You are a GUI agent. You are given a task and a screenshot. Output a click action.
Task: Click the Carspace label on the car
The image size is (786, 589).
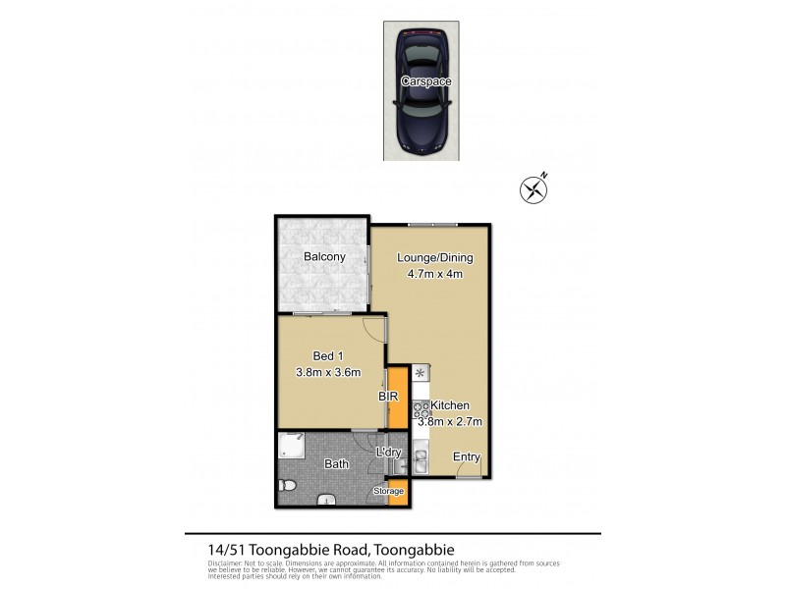[x=426, y=81]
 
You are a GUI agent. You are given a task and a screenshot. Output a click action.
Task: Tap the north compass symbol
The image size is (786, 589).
[x=533, y=188]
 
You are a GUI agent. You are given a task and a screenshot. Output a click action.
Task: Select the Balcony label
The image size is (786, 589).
[x=323, y=257]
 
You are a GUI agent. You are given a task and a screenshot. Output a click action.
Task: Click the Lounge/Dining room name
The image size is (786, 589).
[x=434, y=258]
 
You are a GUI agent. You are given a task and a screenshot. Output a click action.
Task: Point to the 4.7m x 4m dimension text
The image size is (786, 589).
[x=434, y=274]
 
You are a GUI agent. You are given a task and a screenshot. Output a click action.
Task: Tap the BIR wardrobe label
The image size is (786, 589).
[x=387, y=397]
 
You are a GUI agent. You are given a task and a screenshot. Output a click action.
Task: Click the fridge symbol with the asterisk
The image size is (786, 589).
[x=420, y=373]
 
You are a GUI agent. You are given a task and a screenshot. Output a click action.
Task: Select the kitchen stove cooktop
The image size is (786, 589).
[x=421, y=410]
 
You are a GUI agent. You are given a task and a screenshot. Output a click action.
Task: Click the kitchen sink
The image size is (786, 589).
[x=421, y=458]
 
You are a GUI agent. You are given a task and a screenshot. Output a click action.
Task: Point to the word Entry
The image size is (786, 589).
[x=466, y=456]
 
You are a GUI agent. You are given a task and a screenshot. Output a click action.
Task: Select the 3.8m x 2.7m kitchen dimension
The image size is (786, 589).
[x=451, y=421]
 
